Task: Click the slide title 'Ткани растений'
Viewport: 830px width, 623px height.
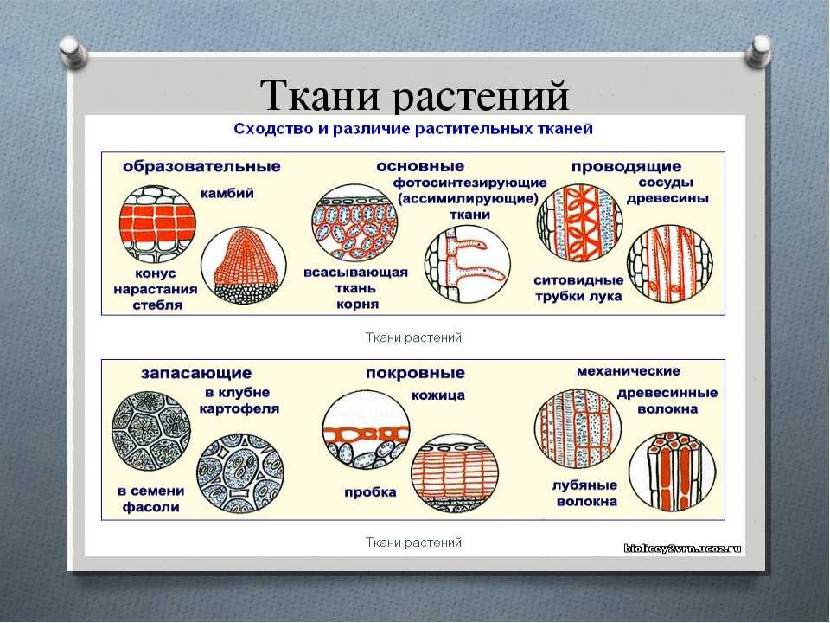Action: [415, 95]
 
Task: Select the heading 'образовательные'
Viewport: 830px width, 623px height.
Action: [201, 166]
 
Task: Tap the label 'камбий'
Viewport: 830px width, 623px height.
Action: [227, 193]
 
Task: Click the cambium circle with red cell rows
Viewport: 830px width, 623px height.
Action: [157, 223]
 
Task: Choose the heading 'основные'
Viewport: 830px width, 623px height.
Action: [420, 166]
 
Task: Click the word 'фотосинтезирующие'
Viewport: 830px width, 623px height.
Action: [470, 183]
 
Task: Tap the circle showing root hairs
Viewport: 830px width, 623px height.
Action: [468, 265]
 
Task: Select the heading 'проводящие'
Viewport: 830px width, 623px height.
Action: [626, 167]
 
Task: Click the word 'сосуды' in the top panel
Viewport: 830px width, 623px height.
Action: [666, 183]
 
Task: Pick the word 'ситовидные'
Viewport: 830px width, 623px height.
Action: [578, 280]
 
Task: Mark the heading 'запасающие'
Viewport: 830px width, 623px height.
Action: [196, 374]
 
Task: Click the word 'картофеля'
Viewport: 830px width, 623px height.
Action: [239, 409]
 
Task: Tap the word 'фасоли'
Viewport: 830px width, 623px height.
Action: [150, 507]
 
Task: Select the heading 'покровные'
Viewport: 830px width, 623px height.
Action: [415, 373]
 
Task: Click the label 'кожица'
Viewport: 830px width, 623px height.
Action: [438, 395]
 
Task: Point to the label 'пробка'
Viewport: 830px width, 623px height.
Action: [370, 492]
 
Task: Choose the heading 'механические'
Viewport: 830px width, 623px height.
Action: [629, 371]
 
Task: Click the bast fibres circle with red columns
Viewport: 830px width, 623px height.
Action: [671, 472]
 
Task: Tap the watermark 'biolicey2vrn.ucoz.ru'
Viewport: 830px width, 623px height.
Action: [682, 549]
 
